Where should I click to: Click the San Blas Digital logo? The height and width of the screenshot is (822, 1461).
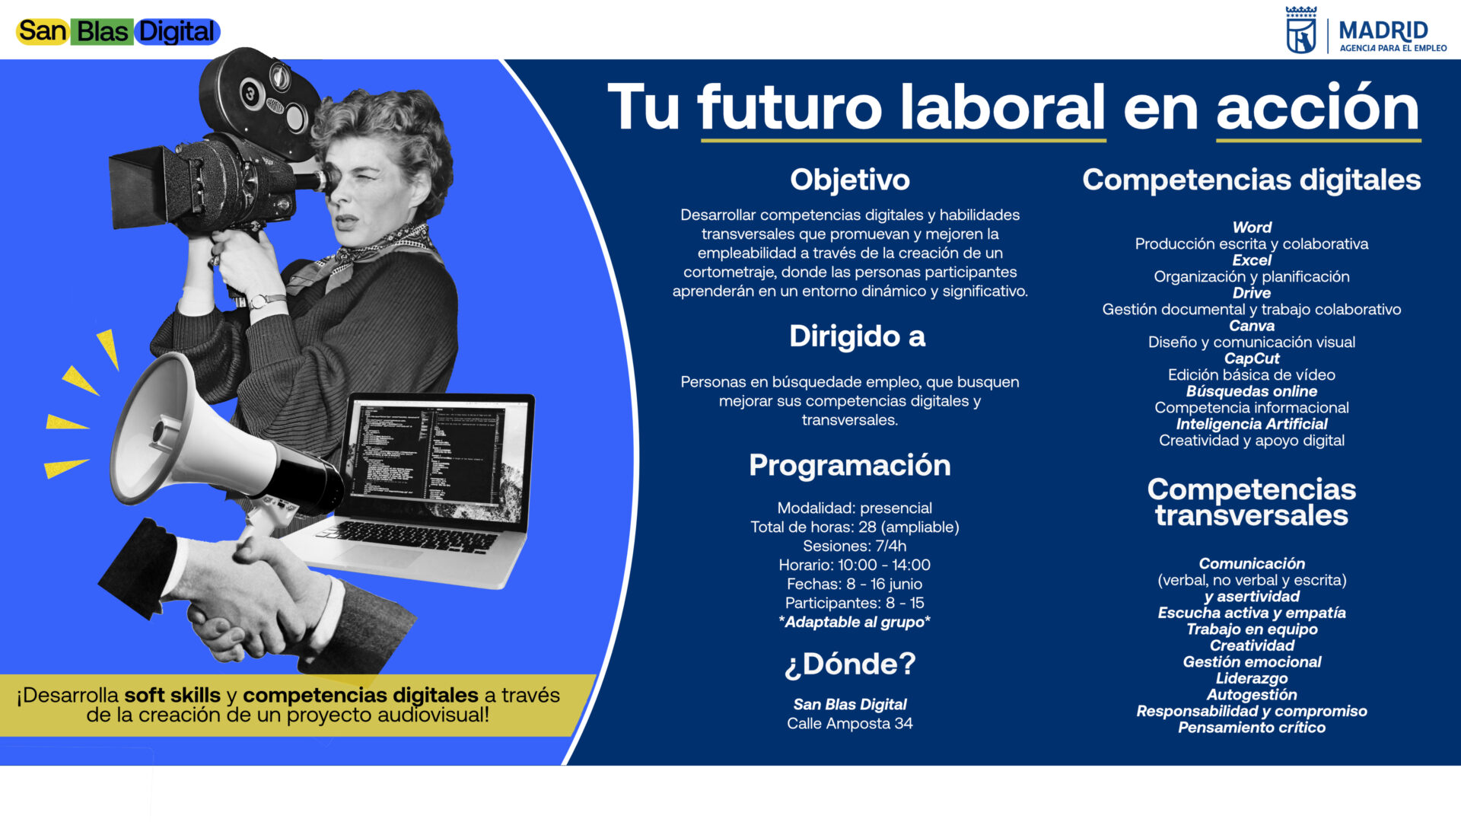[x=118, y=31]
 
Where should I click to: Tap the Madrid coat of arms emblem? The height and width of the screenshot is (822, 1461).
[x=1300, y=30]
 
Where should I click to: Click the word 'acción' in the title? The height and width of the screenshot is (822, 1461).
[x=1318, y=107]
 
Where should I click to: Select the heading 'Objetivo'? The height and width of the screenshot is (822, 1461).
[x=850, y=180]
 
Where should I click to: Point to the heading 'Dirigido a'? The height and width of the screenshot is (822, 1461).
[x=857, y=336]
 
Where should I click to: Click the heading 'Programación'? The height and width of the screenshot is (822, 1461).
[x=850, y=465]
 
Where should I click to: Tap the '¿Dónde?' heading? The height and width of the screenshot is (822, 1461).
[x=850, y=664]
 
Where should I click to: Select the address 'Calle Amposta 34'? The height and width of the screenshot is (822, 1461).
[x=850, y=724]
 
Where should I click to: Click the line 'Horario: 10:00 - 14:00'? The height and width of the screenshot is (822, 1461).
[x=855, y=565]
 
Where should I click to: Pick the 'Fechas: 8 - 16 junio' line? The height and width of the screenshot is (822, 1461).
[x=855, y=584]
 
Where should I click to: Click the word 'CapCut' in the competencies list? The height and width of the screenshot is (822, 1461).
[x=1252, y=358]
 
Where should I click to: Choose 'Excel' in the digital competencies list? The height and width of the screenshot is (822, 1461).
[x=1252, y=260]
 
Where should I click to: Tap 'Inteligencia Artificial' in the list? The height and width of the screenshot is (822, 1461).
[x=1252, y=424]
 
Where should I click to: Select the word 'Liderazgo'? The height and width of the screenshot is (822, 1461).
[x=1252, y=678]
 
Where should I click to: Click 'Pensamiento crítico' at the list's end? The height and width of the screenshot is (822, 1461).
[x=1252, y=728]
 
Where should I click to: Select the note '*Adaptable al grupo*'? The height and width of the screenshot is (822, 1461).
[x=855, y=622]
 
